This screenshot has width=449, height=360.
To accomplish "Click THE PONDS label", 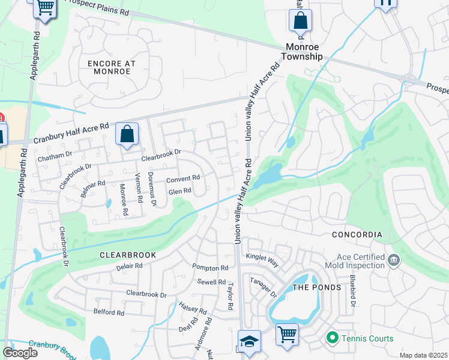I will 316,287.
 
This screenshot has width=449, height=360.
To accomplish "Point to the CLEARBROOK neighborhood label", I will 128,254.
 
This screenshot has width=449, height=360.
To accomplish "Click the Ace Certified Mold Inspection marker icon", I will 394,260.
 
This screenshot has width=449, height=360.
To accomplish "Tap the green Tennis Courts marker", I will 332,338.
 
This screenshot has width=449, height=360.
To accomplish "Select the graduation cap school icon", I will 249,341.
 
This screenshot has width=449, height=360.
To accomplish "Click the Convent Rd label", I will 182,179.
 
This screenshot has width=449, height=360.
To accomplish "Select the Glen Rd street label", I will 179,191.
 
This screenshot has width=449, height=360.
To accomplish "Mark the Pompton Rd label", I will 210,268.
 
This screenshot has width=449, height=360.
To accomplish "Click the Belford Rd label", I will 109,313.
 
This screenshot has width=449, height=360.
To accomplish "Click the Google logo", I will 20,352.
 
